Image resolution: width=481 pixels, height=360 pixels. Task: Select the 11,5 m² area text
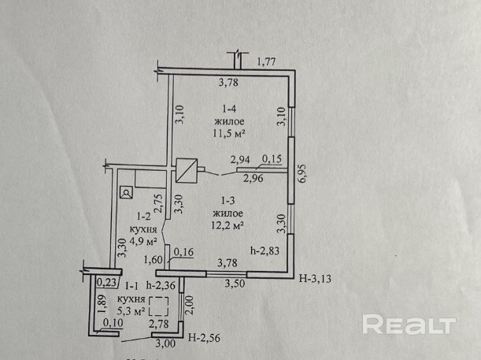pos(229,134)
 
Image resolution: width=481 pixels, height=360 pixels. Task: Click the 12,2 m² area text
pos(228,225)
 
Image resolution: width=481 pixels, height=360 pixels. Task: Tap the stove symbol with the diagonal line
pos(187,169)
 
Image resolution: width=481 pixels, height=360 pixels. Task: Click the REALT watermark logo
pos(409,325)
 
